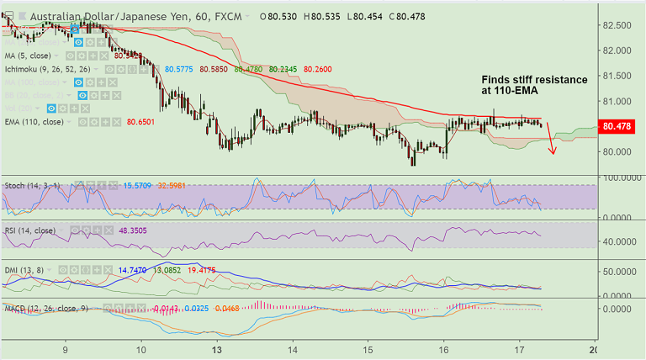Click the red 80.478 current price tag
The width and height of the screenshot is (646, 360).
coord(619,127)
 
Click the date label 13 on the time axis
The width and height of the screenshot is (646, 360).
coord(217,349)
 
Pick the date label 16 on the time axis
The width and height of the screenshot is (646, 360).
coord(443,349)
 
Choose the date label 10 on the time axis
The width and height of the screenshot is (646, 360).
coord(140,349)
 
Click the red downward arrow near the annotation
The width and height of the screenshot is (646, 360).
coord(552,139)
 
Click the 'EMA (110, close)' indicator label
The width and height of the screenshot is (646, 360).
coord(34,122)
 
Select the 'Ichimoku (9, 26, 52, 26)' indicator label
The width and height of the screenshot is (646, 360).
coord(49,69)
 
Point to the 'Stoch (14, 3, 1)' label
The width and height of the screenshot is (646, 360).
coord(31,184)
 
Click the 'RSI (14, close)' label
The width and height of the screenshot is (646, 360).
coord(30,230)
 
